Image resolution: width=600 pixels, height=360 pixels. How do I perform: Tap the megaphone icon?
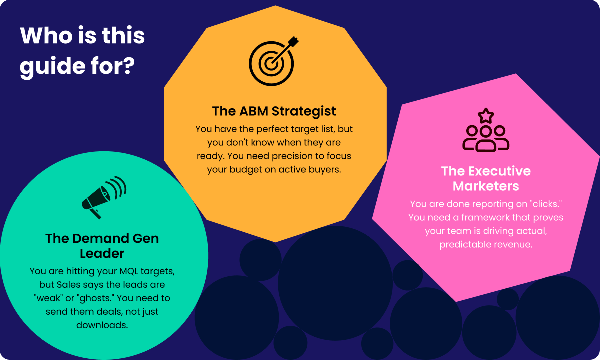104,197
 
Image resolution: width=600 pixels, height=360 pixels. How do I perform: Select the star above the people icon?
486,115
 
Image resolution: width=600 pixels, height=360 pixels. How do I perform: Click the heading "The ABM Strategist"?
274,111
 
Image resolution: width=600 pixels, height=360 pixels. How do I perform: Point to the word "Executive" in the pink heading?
499,171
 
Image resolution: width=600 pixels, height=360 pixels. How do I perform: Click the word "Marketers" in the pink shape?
486,186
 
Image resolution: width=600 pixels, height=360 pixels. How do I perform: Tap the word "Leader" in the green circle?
102,253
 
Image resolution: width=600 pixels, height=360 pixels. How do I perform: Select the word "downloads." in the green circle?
102,325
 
